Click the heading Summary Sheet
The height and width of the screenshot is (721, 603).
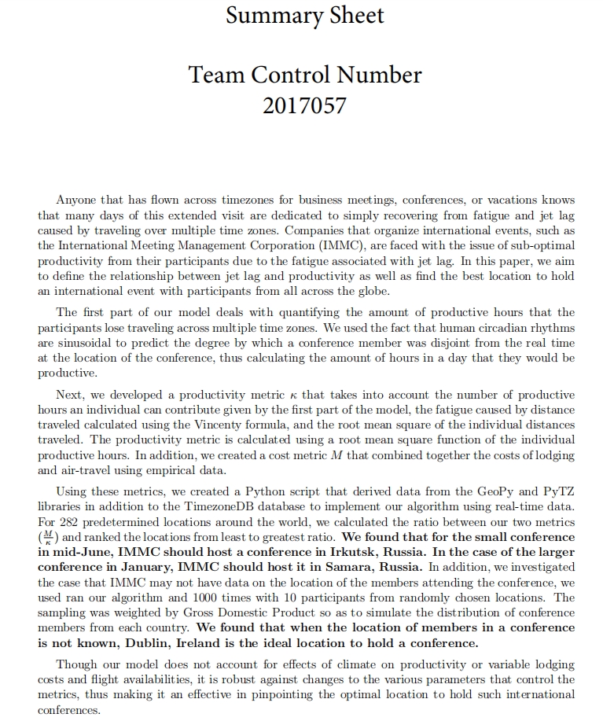point(305,15)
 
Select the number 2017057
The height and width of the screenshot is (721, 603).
point(304,105)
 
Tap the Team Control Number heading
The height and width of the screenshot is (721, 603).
point(305,75)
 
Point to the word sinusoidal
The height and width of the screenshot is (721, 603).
point(68,343)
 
